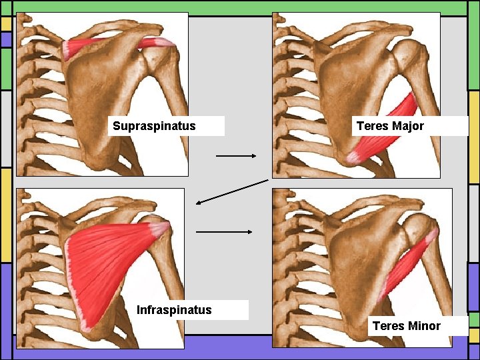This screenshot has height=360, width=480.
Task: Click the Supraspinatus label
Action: tap(154, 126)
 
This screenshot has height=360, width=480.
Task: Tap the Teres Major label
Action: tap(390, 126)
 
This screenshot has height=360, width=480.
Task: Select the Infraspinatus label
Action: tap(174, 309)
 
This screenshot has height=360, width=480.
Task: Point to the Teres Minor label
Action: tap(406, 325)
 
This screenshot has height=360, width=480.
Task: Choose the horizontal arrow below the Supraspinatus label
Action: tap(236, 156)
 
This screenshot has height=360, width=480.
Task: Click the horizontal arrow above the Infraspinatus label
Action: tap(224, 232)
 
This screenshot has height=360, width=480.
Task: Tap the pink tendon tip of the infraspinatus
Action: tap(160, 229)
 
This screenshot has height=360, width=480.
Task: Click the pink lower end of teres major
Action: tap(353, 157)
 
